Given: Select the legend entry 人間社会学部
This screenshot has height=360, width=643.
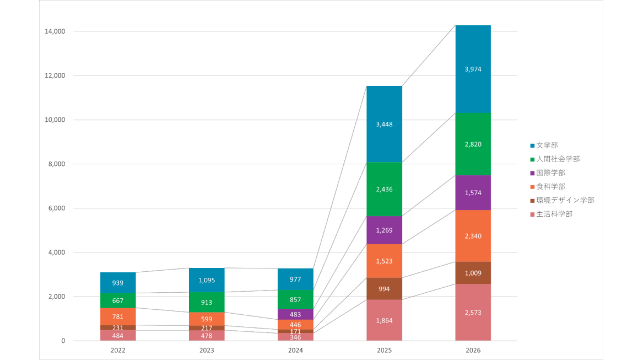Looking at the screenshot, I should pos(558,159).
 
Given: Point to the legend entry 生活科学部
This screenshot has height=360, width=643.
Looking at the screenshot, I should pos(554,214).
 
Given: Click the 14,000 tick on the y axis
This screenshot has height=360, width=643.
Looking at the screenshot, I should pos(55,31).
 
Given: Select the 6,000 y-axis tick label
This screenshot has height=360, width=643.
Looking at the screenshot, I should pos(57,208).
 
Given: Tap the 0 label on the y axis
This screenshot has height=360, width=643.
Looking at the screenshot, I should pos(63,341).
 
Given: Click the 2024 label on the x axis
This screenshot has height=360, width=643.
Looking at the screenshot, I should pos(295,350).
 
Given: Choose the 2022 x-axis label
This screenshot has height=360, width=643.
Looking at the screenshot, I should pos(118,350).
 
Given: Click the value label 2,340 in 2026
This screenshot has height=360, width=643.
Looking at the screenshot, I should pos(473,236).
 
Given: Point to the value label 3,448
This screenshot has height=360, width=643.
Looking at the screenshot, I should pos(384,124).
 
